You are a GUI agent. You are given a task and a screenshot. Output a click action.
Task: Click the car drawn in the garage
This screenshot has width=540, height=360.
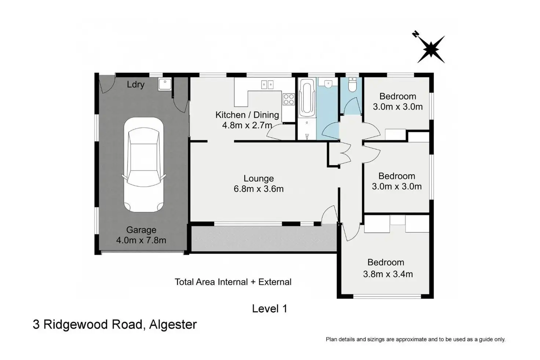[144, 165]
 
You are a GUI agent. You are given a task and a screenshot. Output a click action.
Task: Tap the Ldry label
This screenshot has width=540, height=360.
[136, 85]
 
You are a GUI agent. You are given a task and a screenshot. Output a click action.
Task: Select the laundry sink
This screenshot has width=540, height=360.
[165, 84]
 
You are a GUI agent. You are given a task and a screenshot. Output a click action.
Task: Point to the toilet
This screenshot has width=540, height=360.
[353, 85]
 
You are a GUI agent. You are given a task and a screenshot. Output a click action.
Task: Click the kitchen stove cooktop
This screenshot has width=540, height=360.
[289, 99]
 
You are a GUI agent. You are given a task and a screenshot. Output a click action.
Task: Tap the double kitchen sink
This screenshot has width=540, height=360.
[267, 85]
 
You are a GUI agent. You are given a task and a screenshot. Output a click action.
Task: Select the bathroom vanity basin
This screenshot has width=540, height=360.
[328, 83]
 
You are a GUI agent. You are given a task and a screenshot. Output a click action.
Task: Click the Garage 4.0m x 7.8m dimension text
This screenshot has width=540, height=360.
[141, 235]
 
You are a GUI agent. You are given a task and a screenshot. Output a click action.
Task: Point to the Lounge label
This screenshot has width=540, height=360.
[259, 178]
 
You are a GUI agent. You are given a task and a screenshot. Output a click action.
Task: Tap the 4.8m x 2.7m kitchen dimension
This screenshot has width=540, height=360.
[247, 125]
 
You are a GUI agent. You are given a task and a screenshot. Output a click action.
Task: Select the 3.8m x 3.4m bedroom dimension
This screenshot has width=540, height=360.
[388, 274]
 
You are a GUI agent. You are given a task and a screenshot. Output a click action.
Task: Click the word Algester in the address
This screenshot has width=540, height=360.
[173, 325]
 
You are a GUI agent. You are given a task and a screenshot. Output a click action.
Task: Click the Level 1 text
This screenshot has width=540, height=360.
[270, 309]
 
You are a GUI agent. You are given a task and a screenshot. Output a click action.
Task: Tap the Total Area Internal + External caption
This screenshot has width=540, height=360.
[233, 282]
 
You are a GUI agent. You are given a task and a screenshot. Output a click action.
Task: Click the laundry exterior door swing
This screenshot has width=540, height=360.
[107, 84]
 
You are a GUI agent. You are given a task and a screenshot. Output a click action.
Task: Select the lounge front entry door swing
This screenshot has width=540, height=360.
[329, 214]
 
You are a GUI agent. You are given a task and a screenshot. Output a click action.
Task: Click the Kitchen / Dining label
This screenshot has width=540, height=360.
[247, 115]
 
